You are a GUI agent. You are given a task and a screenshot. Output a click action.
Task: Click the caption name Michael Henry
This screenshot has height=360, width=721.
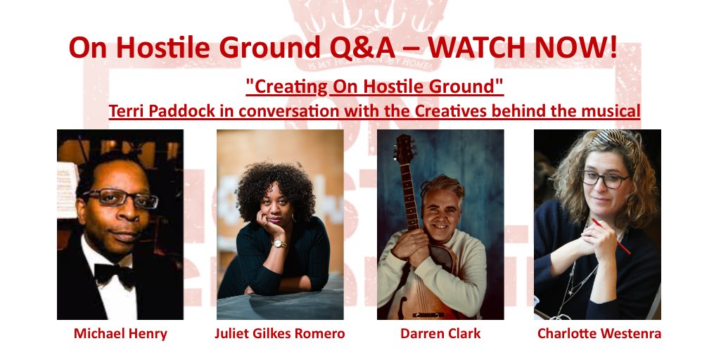120,333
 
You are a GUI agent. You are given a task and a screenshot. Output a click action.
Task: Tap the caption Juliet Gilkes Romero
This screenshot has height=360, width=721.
279,333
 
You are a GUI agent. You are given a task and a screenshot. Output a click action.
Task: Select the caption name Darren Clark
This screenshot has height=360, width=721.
440,333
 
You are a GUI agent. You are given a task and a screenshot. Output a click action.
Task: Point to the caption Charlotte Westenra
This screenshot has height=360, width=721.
599,333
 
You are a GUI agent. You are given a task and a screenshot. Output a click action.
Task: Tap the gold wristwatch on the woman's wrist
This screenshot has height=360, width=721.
279,243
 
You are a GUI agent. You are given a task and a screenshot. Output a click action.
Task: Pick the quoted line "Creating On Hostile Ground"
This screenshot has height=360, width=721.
374,87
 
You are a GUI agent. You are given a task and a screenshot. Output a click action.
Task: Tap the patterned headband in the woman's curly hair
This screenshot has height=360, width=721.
611,138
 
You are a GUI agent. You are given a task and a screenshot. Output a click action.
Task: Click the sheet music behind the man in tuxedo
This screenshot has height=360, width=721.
67,179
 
